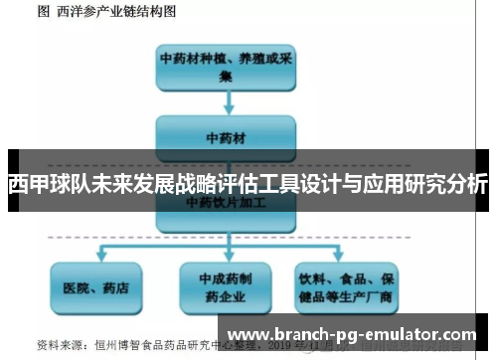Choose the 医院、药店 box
[x=95, y=287]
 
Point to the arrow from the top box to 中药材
[x=227, y=102]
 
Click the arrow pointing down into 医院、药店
[x=95, y=252]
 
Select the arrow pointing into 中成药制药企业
[x=227, y=252]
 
